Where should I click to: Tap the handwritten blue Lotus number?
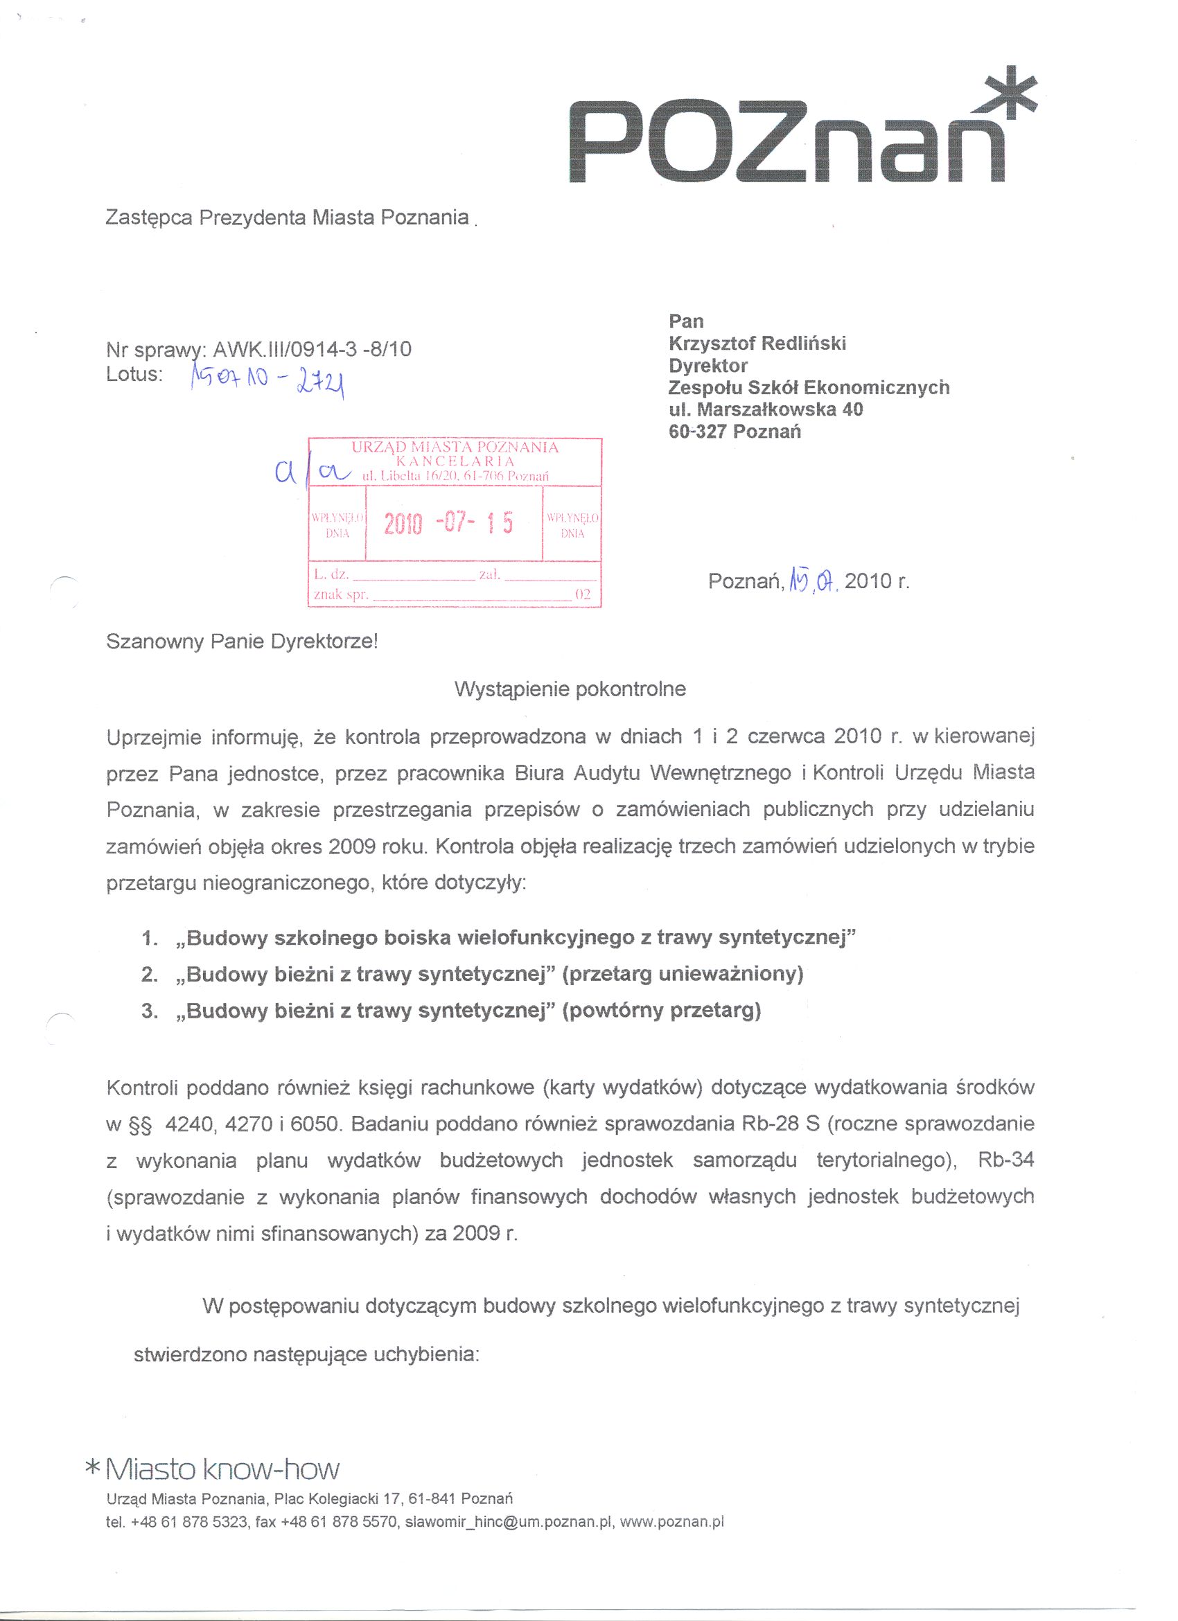coord(268,380)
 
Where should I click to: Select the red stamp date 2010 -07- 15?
coord(449,524)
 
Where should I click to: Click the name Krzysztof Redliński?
coord(757,344)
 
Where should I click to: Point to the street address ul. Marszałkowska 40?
coord(766,409)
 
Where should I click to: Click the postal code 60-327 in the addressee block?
coord(697,432)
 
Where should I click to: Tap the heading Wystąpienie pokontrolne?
coord(570,690)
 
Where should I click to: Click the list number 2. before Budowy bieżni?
coord(150,975)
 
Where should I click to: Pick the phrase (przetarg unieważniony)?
coord(683,975)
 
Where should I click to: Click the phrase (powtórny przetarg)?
coord(662,1011)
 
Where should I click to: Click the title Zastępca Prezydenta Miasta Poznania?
coord(287,218)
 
